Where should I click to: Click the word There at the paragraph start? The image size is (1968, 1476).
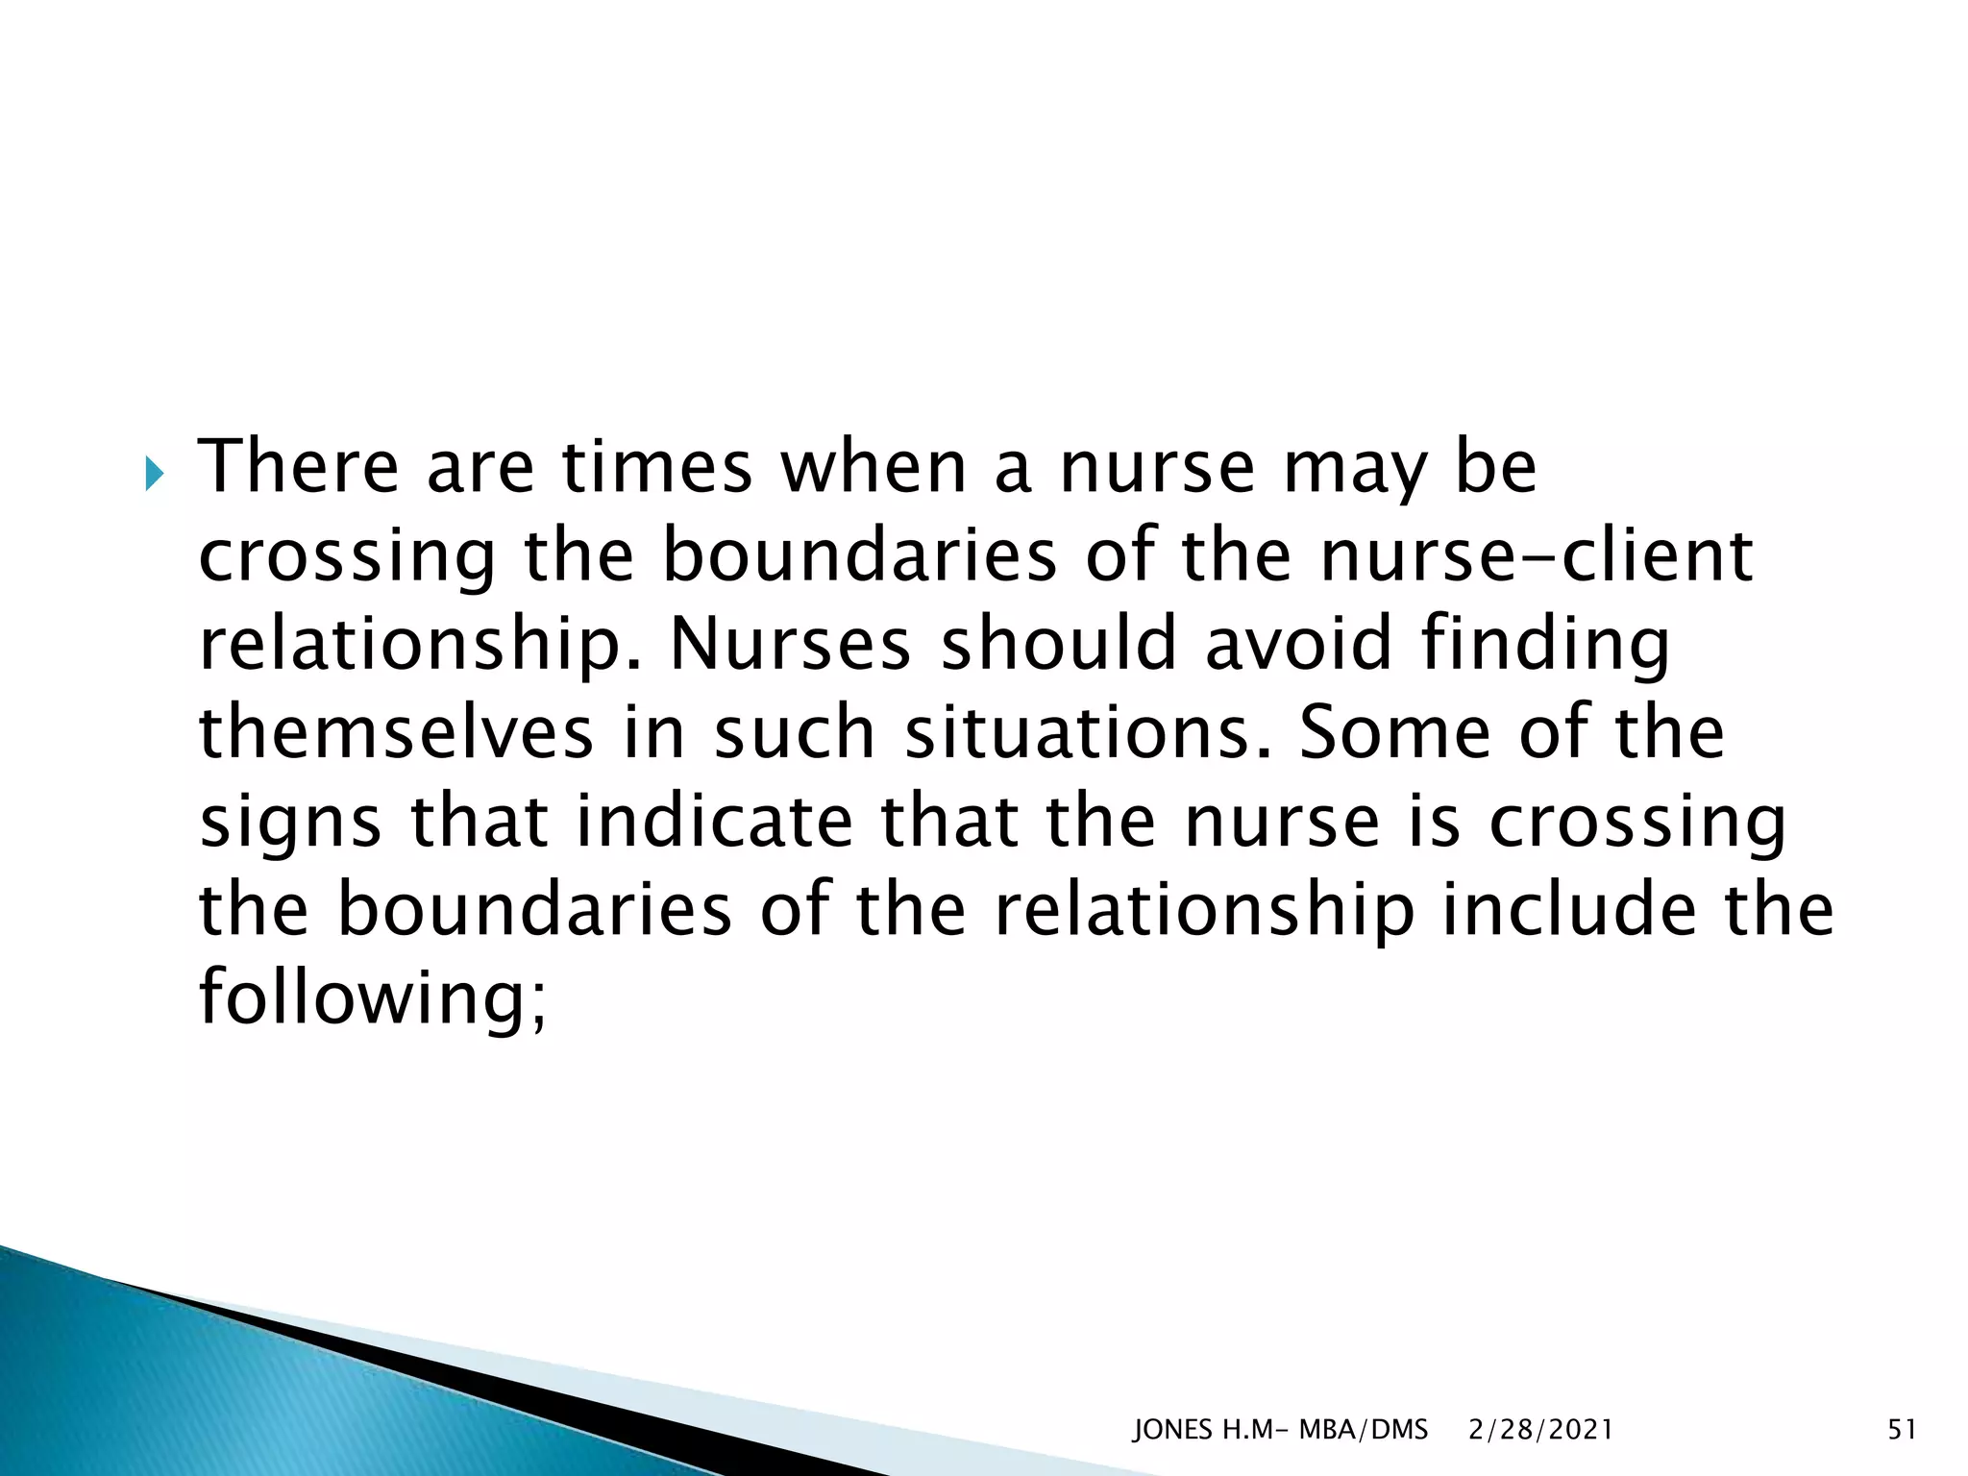tap(297, 467)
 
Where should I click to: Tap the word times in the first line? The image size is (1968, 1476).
tap(656, 467)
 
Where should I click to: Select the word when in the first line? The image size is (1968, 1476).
tap(873, 467)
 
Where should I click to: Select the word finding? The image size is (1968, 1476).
tap(1545, 646)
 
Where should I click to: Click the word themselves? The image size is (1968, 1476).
tap(396, 732)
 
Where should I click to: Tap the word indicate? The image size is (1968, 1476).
tap(714, 821)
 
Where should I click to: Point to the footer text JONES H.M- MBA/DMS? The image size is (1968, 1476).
tap(1280, 1431)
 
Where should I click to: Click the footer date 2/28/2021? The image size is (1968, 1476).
tap(1540, 1431)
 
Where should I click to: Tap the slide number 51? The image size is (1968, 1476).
tap(1902, 1431)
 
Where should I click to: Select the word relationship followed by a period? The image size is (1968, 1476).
tap(405, 646)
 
